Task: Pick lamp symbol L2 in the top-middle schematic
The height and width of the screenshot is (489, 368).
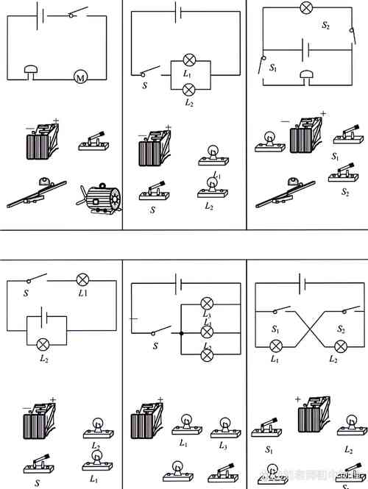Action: (189, 89)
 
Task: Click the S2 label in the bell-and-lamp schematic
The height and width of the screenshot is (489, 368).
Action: (325, 25)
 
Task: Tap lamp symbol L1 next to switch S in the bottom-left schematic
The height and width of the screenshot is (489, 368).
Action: (83, 279)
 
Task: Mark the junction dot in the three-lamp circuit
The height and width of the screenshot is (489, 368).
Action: (180, 333)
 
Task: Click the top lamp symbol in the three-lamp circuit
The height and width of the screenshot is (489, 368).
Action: (207, 303)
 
